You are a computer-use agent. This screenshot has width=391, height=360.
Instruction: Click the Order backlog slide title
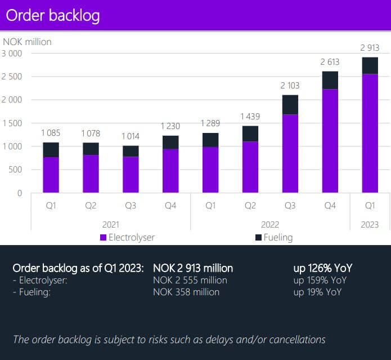[x=53, y=15]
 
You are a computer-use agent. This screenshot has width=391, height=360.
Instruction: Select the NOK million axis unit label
[x=27, y=42]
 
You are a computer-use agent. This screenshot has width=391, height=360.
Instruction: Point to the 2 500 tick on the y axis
[x=12, y=77]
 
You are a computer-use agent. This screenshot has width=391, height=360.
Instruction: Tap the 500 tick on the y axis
[x=15, y=170]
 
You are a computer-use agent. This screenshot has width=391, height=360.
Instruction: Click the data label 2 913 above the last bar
[x=370, y=48]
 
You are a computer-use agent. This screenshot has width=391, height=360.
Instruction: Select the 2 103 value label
[x=290, y=86]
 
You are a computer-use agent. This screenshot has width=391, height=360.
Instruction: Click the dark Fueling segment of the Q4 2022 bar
[x=330, y=81]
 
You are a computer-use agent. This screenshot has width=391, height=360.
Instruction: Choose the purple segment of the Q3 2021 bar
[x=131, y=175]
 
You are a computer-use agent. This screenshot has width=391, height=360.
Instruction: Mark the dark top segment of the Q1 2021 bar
[x=51, y=150]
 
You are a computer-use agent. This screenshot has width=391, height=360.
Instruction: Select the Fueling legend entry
[x=274, y=237]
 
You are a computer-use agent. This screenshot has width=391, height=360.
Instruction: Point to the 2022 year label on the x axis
[x=269, y=224]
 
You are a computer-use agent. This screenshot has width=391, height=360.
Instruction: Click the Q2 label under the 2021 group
[x=91, y=206]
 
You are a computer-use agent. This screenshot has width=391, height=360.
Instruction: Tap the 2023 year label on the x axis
[x=370, y=224]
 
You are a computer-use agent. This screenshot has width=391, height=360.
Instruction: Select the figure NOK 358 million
[x=186, y=292]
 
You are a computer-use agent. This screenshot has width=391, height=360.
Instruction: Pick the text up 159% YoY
[x=320, y=280]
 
